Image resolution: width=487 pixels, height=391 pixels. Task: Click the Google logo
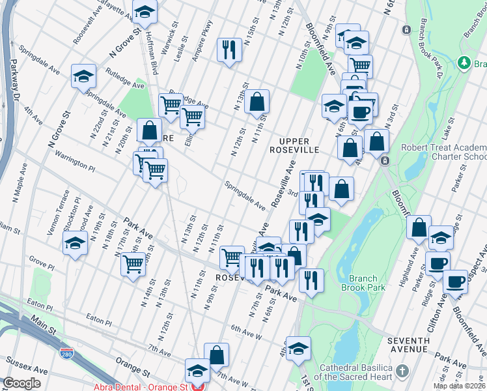pos(21,383)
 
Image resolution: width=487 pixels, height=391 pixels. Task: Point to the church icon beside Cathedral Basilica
pos(402,371)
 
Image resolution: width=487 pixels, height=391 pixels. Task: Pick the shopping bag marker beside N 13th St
pos(258,101)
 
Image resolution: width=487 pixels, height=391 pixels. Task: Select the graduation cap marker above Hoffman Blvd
pos(145,11)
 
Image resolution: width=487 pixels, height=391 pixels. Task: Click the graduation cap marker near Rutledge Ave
pos(83,76)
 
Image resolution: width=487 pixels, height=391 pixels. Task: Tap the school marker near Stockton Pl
pos(75,243)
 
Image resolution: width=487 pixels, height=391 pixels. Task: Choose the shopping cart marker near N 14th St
pos(133,264)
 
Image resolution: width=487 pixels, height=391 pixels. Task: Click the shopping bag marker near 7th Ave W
pos(217,355)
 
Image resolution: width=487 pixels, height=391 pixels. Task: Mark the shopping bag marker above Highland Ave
pos(419,227)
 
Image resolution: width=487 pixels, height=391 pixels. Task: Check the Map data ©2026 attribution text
pos(458,386)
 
